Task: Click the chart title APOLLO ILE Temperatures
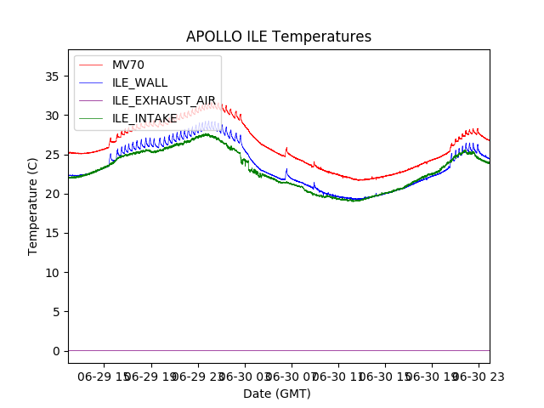(279, 37)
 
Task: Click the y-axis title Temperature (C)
(33, 206)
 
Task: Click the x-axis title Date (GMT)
(277, 394)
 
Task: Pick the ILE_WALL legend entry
(139, 82)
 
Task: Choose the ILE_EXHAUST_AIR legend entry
(164, 100)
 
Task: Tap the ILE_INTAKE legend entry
(144, 118)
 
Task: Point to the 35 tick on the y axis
(52, 76)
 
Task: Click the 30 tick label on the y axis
(52, 116)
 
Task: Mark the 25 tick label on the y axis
(52, 155)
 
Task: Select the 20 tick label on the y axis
(52, 194)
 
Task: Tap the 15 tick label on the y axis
(52, 233)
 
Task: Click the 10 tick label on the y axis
(52, 273)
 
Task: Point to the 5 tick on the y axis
(55, 312)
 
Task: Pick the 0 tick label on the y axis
(55, 351)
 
